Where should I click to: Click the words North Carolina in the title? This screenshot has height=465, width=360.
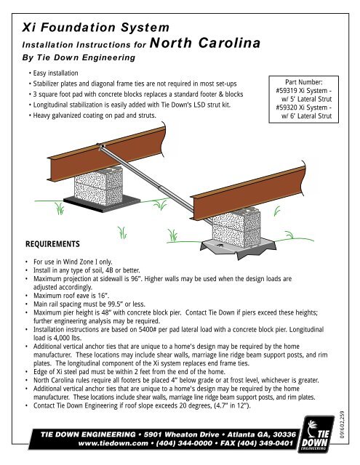(x=205, y=43)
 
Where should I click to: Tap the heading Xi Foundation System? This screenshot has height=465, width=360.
(x=95, y=28)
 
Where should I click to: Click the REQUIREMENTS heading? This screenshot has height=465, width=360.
(x=52, y=244)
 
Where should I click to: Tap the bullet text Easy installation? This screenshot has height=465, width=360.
(x=55, y=73)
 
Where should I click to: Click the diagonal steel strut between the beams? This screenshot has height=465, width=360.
(x=154, y=183)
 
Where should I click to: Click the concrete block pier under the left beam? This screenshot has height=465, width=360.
(x=98, y=186)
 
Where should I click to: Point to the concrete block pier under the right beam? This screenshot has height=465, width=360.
(x=237, y=227)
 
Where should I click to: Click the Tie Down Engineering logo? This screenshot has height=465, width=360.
(x=316, y=434)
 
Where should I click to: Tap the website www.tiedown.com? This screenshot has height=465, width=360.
(x=113, y=443)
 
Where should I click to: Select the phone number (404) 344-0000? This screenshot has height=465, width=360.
(x=184, y=443)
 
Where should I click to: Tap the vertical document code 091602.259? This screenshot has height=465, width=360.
(x=342, y=424)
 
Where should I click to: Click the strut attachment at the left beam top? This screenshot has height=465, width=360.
(x=100, y=145)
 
